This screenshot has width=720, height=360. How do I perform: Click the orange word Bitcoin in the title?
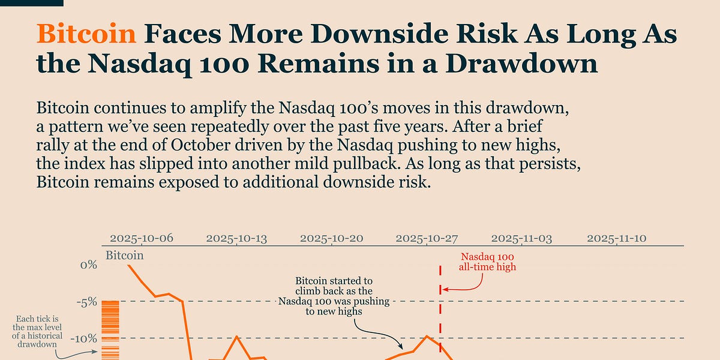pyautogui.click(x=86, y=35)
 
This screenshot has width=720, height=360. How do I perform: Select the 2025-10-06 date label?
pyautogui.click(x=141, y=238)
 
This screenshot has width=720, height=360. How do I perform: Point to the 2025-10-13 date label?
pyautogui.click(x=236, y=238)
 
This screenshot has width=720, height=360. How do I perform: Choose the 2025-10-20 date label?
pyautogui.click(x=332, y=238)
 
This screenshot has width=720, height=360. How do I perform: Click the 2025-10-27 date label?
pyautogui.click(x=427, y=238)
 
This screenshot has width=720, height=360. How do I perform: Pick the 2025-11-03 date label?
pyautogui.click(x=522, y=238)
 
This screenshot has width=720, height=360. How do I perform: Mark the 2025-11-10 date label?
pyautogui.click(x=617, y=238)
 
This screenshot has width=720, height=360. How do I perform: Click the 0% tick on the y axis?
pyautogui.click(x=88, y=265)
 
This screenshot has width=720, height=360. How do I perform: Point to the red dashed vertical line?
pyautogui.click(x=440, y=312)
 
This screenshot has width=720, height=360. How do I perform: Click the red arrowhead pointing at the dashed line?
pyautogui.click(x=446, y=290)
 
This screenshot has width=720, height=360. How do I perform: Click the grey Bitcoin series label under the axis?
pyautogui.click(x=125, y=256)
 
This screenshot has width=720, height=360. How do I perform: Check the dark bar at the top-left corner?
pyautogui.click(x=31, y=3)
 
